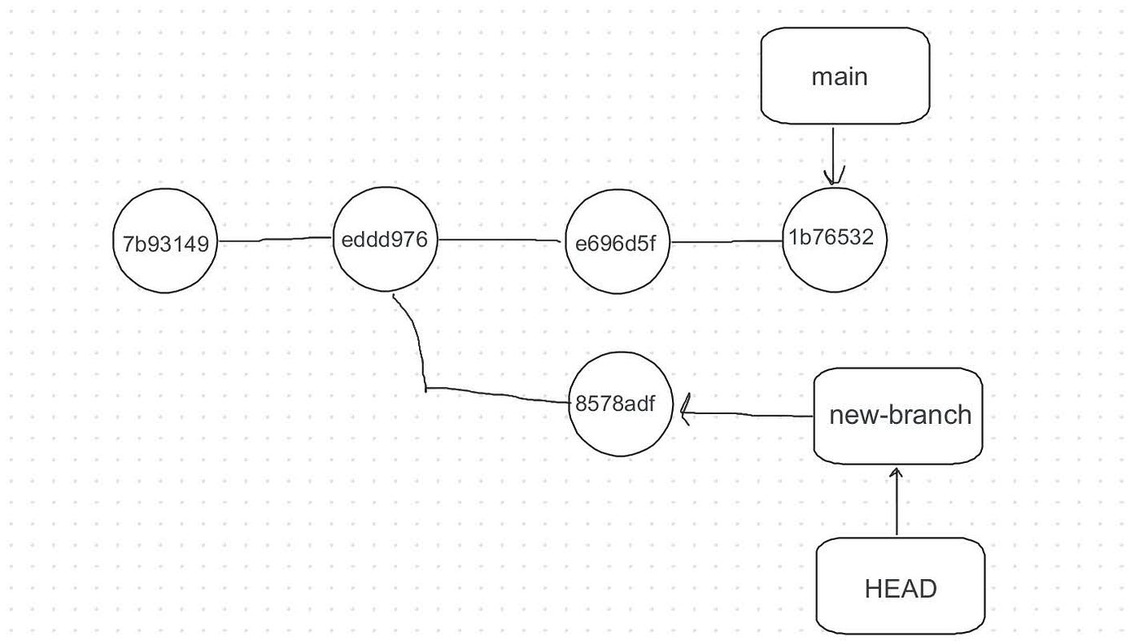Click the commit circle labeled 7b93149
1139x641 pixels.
165,242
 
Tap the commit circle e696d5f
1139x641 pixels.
617,242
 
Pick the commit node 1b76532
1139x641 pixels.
834,238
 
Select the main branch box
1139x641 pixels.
844,76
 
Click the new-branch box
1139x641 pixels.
898,416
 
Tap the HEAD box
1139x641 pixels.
900,586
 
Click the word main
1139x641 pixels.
840,77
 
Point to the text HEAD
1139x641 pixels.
900,588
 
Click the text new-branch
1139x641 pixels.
900,416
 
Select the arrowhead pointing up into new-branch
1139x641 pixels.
896,473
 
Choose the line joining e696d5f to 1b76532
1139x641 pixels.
724,242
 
